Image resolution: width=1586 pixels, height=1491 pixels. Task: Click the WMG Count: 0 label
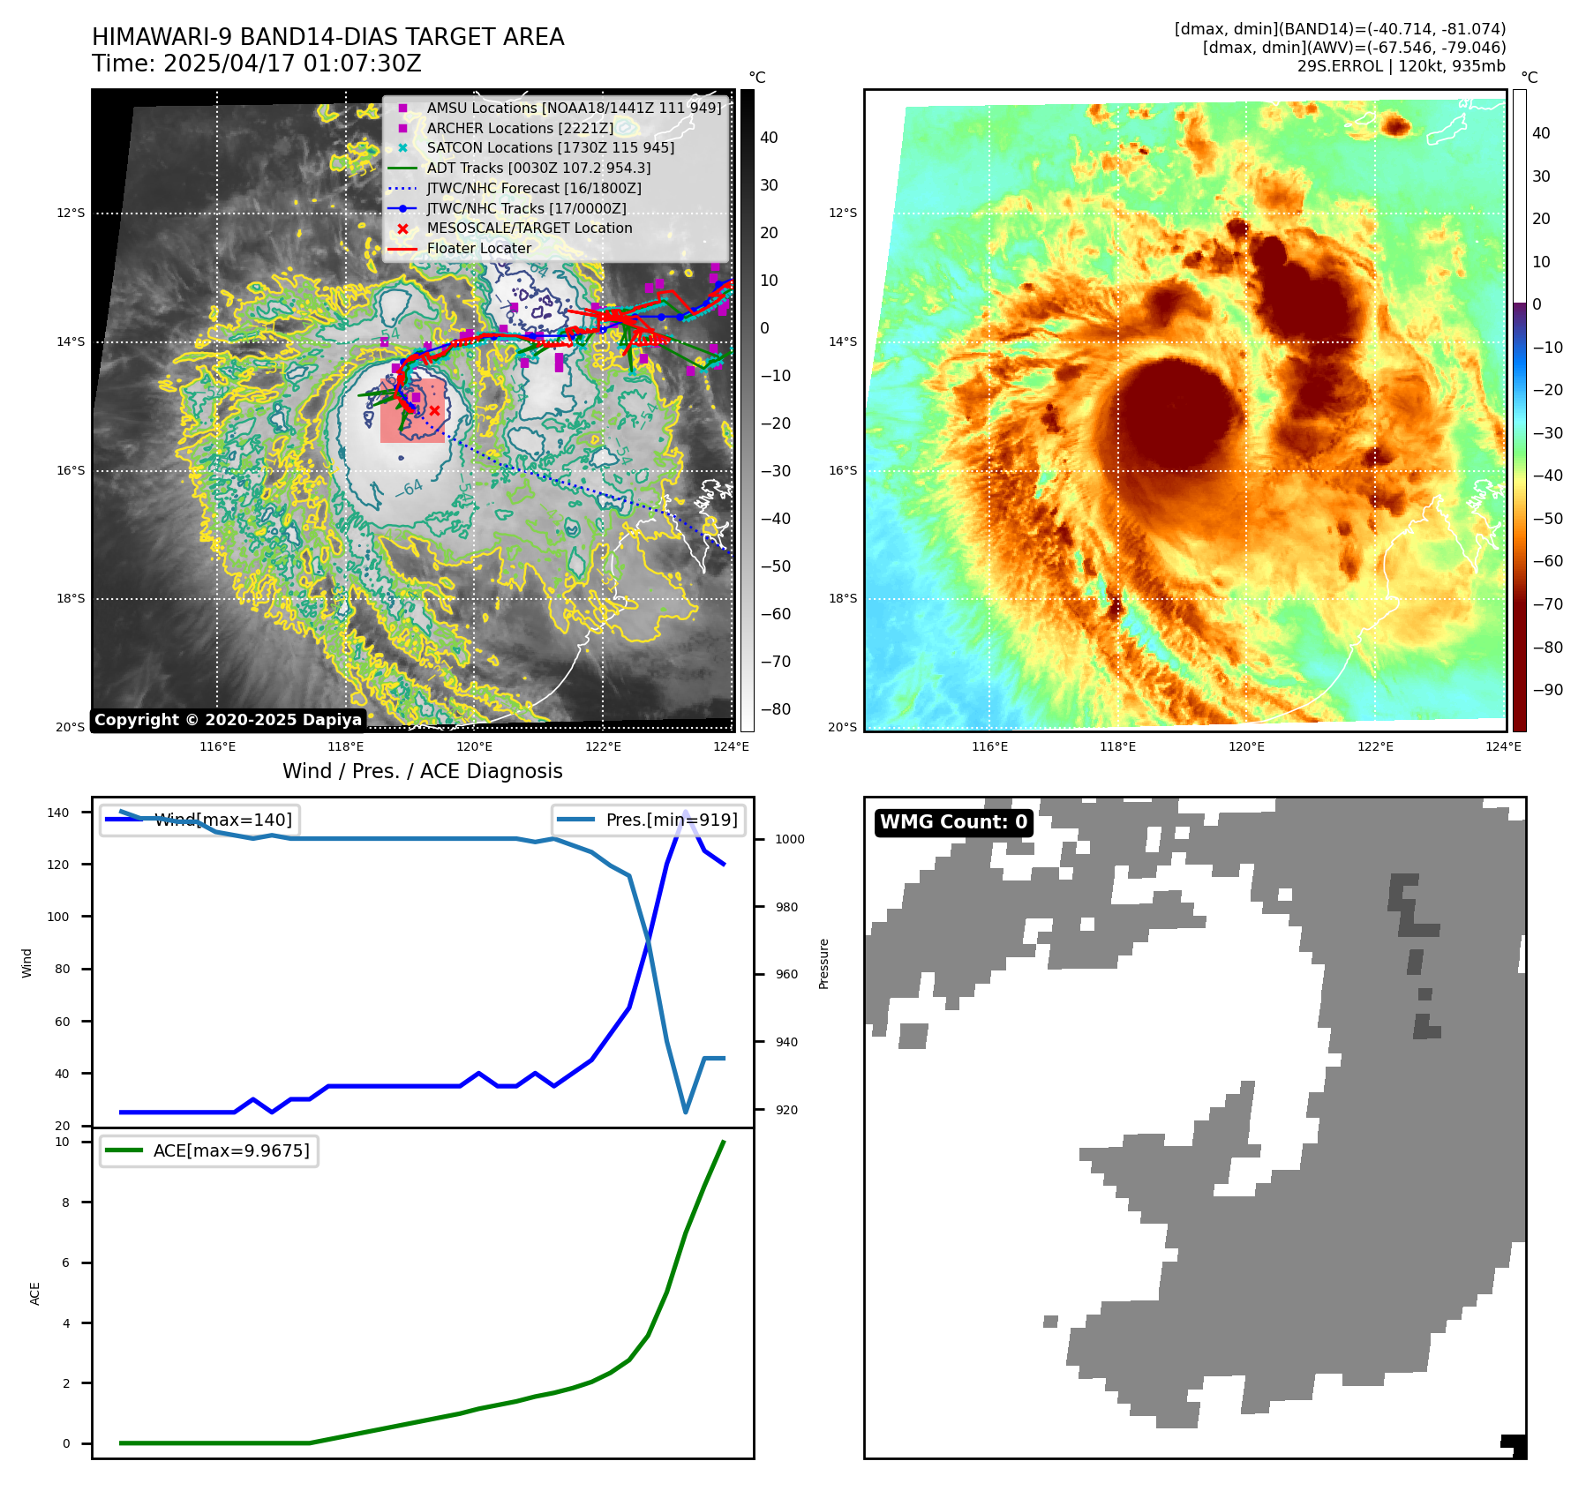click(953, 822)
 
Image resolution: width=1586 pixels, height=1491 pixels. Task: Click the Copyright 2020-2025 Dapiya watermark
click(228, 720)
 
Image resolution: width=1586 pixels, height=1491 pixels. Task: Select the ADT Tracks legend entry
click(538, 168)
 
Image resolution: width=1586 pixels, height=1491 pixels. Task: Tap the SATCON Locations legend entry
click(550, 147)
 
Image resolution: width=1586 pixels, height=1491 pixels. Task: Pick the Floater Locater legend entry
click(478, 248)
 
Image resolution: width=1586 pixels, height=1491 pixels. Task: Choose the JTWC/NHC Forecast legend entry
click(533, 188)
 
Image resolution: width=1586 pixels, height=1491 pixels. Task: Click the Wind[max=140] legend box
click(199, 820)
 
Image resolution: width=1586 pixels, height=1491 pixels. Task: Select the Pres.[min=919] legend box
click(650, 820)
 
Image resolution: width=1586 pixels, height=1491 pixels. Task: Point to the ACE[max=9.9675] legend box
click(209, 1150)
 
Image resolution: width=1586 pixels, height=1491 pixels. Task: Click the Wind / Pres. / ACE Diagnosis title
click(422, 771)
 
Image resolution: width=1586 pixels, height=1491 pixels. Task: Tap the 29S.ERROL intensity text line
click(1401, 66)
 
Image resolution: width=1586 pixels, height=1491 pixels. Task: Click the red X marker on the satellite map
click(434, 410)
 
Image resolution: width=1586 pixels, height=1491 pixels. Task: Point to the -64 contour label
click(410, 488)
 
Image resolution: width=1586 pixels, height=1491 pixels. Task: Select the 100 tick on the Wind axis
click(57, 917)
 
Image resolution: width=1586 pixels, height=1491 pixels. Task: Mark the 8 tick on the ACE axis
click(65, 1203)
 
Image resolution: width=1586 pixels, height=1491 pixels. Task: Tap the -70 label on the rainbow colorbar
click(1547, 604)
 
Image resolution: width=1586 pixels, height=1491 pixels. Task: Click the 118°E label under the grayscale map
click(346, 746)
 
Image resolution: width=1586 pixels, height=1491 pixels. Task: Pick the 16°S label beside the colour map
click(842, 470)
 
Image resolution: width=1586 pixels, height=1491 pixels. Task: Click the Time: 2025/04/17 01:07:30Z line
click(257, 64)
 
